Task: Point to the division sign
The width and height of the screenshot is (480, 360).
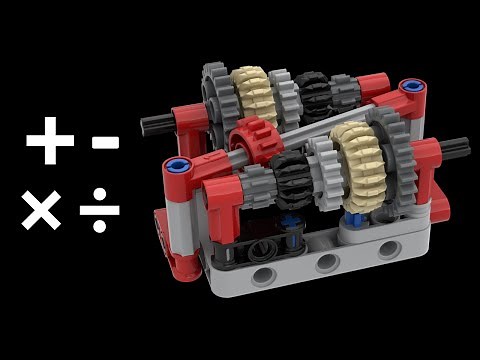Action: [100, 211]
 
